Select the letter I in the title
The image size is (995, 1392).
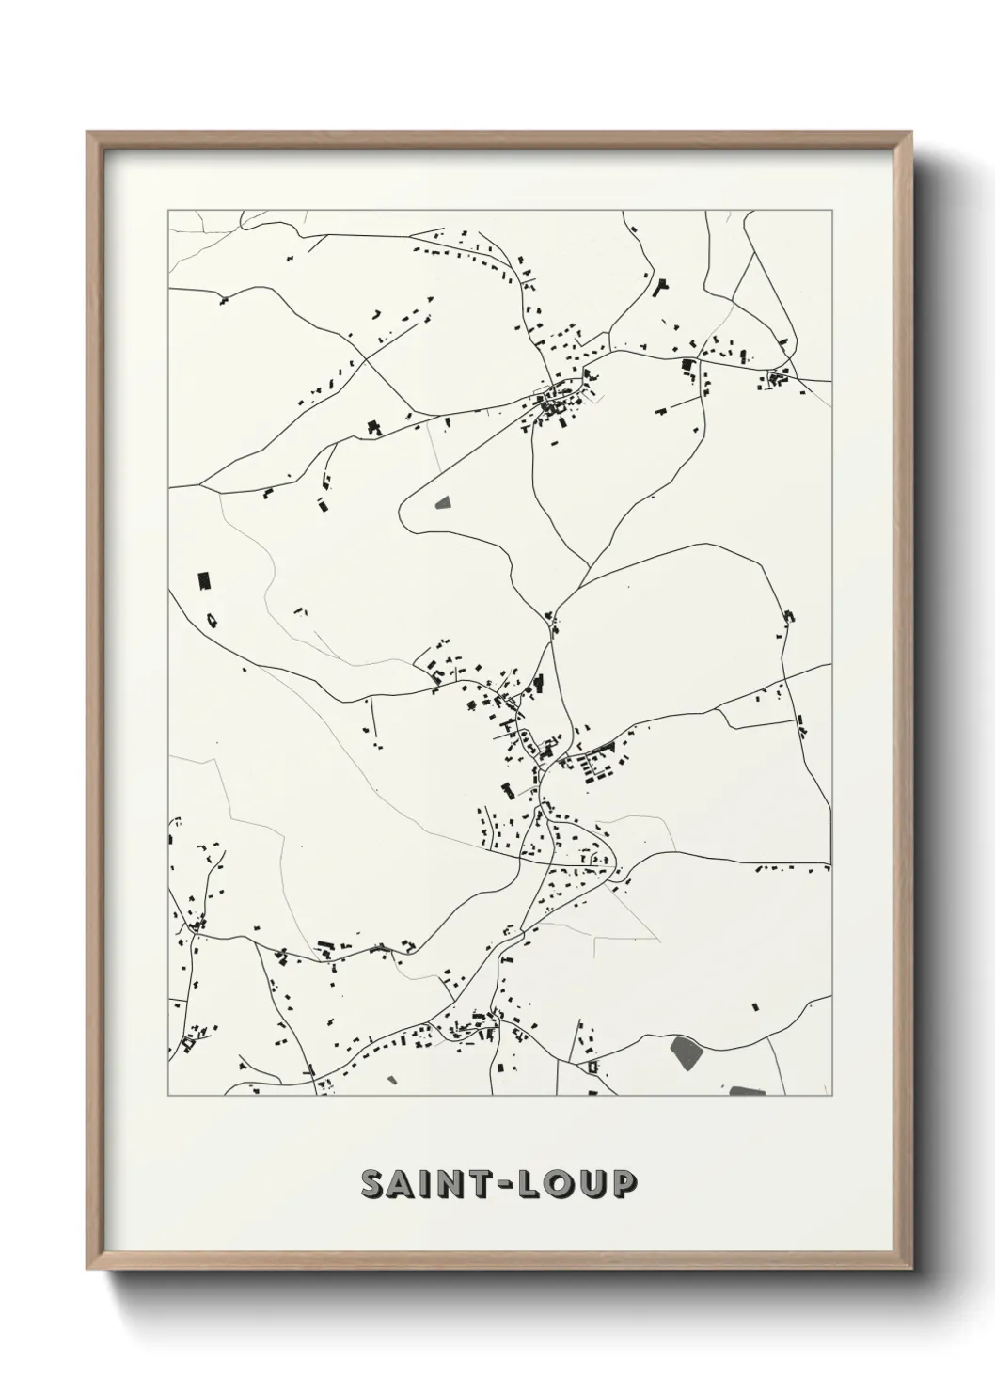click(429, 1185)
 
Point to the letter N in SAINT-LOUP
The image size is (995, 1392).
click(454, 1185)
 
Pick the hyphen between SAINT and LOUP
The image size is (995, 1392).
click(512, 1186)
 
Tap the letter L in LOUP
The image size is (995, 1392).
click(538, 1185)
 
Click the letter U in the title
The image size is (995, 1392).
click(594, 1185)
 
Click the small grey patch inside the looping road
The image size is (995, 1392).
click(443, 503)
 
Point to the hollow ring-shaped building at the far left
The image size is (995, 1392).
click(212, 619)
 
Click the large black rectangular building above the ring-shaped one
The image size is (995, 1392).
click(201, 580)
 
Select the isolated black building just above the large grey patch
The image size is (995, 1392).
click(754, 1007)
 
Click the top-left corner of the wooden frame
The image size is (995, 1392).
click(88, 133)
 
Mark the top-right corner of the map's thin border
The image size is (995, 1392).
click(831, 210)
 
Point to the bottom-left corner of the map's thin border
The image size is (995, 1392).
click(168, 1096)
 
